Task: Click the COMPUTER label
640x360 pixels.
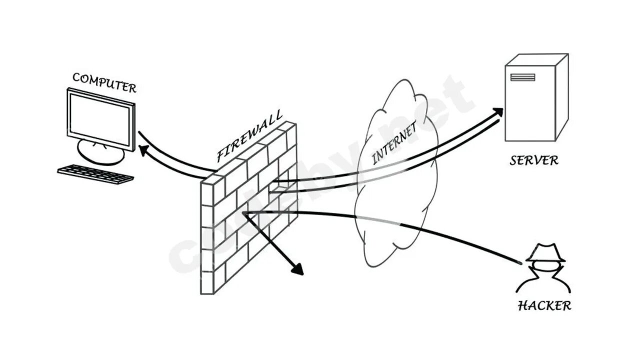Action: coord(104,82)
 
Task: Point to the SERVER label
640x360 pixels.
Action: coord(534,161)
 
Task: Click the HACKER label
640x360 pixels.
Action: coord(544,305)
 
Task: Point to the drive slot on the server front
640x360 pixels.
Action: coord(522,77)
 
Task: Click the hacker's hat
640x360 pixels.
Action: coord(545,252)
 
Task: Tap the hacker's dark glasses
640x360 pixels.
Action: coord(545,265)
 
